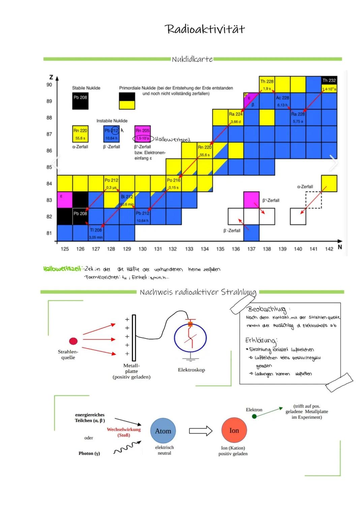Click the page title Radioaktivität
click(x=205, y=29)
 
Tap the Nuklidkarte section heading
click(x=192, y=59)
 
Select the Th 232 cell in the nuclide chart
click(x=329, y=84)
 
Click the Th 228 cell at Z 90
click(x=267, y=84)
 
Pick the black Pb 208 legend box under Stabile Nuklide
click(x=80, y=101)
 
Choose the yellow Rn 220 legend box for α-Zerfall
click(x=80, y=134)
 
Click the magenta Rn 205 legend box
click(x=143, y=134)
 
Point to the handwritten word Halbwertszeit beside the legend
click(x=173, y=139)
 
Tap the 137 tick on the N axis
click(x=251, y=249)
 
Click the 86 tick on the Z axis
click(x=49, y=151)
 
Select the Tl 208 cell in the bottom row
click(x=96, y=233)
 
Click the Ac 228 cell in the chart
click(x=282, y=101)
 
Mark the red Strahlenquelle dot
click(x=73, y=341)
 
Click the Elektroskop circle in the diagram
click(x=190, y=338)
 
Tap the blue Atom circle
click(x=163, y=431)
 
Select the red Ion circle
click(x=234, y=430)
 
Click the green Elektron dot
click(x=254, y=417)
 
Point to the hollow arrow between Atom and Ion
click(x=201, y=431)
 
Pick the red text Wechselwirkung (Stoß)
click(x=124, y=432)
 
